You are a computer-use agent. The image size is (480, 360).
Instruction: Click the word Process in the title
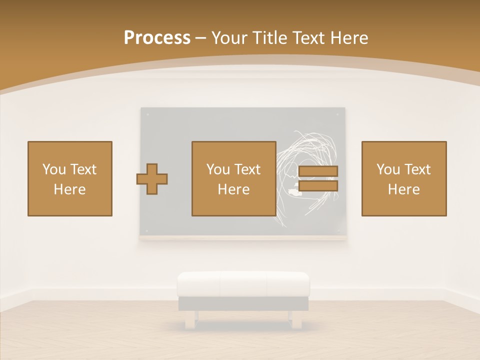click(157, 37)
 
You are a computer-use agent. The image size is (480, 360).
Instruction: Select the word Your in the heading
click(229, 37)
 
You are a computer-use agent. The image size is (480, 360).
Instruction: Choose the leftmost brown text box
click(70, 178)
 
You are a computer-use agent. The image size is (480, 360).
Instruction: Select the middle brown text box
click(234, 178)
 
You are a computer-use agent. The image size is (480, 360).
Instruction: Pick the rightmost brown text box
click(404, 178)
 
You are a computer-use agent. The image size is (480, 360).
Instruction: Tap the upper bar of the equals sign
click(318, 171)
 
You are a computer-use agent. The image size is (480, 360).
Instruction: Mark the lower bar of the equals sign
click(318, 186)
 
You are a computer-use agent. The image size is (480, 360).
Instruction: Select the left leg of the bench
click(190, 319)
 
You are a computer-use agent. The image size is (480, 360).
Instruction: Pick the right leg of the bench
click(296, 319)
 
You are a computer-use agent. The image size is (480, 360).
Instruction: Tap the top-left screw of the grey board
click(147, 114)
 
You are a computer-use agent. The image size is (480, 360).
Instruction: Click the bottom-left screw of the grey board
click(147, 231)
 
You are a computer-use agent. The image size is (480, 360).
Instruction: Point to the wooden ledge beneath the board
click(243, 238)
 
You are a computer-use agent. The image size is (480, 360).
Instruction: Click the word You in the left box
click(54, 169)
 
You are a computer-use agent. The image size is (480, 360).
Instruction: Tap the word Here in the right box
click(404, 189)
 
